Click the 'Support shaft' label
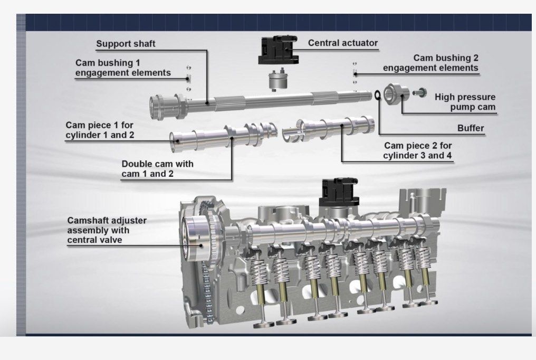[126, 44]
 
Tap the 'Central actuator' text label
[343, 43]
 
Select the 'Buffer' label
[471, 128]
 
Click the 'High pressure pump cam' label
[465, 102]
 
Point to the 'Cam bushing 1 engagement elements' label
[123, 68]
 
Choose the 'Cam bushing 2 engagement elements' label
[430, 63]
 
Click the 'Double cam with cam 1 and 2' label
[157, 169]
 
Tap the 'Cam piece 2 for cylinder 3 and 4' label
[418, 150]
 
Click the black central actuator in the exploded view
[274, 51]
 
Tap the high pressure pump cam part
[396, 94]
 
